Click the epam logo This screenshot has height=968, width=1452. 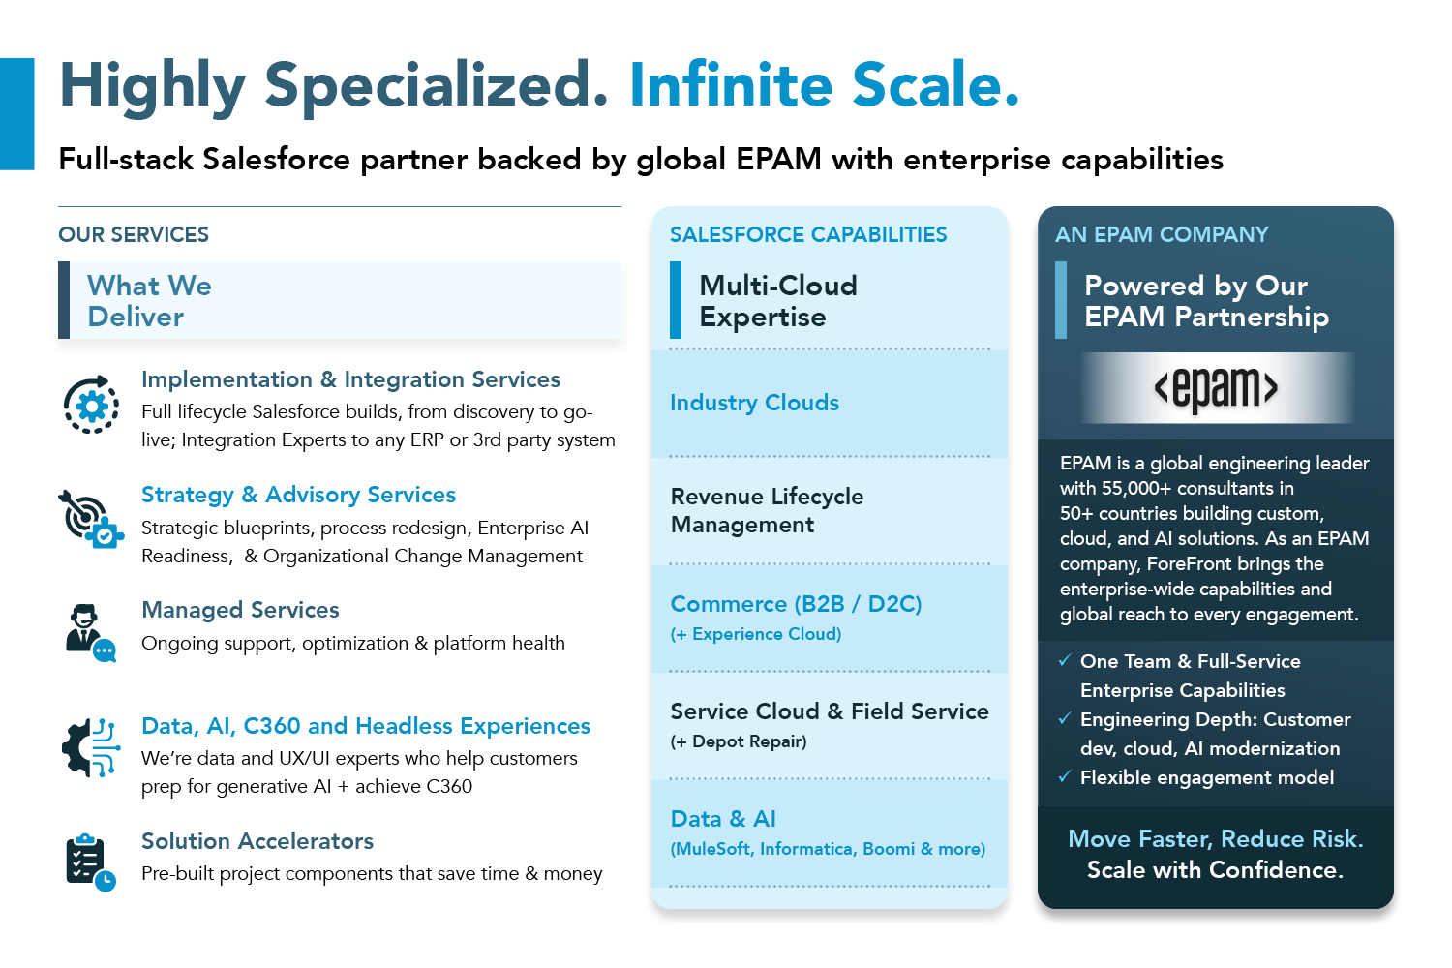[x=1216, y=388]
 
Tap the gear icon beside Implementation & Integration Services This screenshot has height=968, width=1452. [x=91, y=405]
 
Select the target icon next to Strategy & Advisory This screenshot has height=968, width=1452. [x=90, y=520]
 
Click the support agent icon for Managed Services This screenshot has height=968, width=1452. [x=91, y=633]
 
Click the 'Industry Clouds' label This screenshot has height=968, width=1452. [x=754, y=403]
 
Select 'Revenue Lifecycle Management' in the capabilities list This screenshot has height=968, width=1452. [x=767, y=510]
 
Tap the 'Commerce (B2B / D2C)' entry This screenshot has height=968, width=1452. [x=796, y=604]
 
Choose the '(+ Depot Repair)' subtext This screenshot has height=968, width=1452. [x=739, y=741]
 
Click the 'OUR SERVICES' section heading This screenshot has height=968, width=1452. [x=134, y=234]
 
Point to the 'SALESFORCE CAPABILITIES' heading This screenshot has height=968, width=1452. [x=808, y=234]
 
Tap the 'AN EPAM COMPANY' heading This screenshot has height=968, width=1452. [x=1162, y=234]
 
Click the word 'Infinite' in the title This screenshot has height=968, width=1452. [x=731, y=85]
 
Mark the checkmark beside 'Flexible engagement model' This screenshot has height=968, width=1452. [x=1065, y=776]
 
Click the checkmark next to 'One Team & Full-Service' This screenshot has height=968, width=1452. [x=1065, y=661]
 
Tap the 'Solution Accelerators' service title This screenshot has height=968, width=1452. [x=257, y=841]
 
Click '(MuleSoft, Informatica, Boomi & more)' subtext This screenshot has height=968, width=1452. [x=828, y=849]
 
